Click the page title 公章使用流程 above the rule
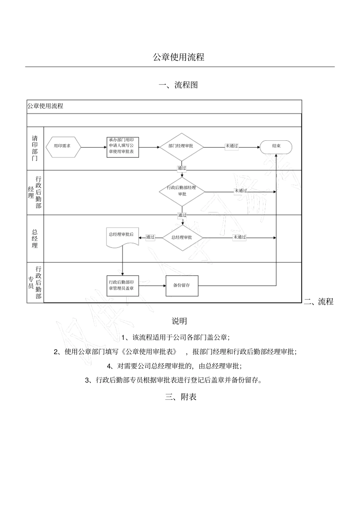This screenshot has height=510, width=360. [x=178, y=57]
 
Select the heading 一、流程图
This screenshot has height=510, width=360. [x=178, y=85]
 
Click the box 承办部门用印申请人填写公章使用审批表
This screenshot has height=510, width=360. [x=122, y=147]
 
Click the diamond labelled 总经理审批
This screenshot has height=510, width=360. [x=182, y=238]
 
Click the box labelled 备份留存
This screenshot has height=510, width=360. [x=182, y=286]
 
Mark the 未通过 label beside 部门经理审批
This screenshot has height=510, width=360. [x=232, y=146]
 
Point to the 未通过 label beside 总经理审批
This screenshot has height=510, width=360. [x=239, y=237]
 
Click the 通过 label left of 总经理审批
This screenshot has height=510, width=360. [x=150, y=237]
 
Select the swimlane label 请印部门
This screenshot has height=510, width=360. [x=35, y=148]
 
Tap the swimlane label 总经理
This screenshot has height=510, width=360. [x=35, y=239]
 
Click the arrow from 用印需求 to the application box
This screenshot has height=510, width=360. [x=94, y=147]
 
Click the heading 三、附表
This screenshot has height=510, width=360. [x=181, y=397]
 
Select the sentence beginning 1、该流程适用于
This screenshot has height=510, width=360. [x=175, y=337]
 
